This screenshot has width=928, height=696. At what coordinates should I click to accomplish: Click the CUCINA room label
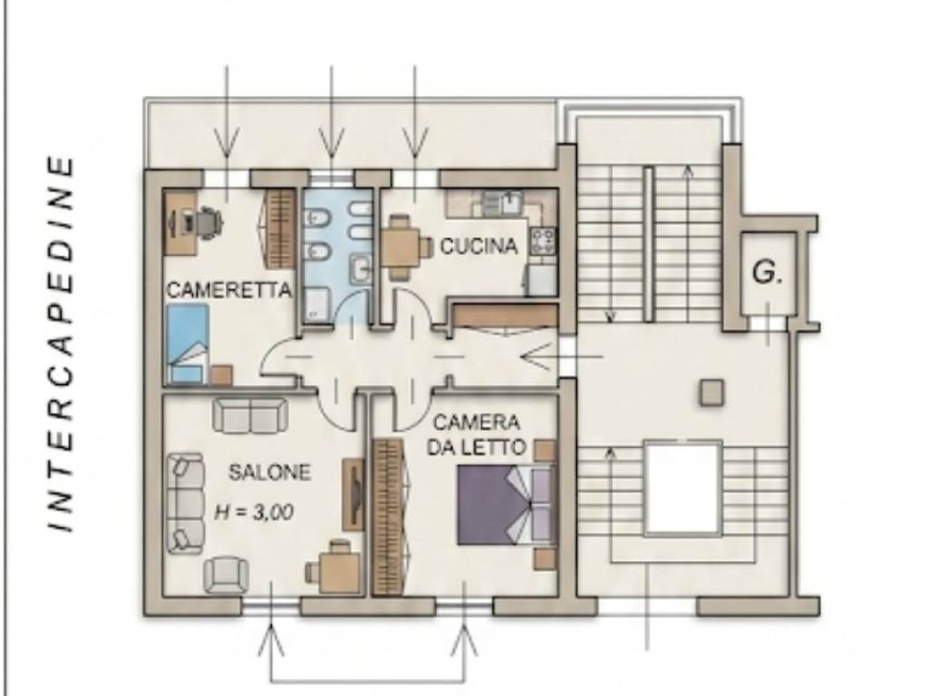pyautogui.click(x=478, y=245)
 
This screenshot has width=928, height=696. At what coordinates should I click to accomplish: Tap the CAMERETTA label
pyautogui.click(x=229, y=290)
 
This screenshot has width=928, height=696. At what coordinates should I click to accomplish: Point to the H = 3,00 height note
pyautogui.click(x=254, y=511)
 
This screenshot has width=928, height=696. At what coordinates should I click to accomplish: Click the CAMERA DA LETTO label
pyautogui.click(x=477, y=434)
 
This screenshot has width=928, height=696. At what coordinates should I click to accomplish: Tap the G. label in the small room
pyautogui.click(x=767, y=272)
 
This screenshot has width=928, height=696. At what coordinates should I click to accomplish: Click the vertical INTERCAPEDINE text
pyautogui.click(x=61, y=343)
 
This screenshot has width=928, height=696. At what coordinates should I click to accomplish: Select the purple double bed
pyautogui.click(x=506, y=504)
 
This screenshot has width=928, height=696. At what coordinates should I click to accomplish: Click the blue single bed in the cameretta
pyautogui.click(x=188, y=343)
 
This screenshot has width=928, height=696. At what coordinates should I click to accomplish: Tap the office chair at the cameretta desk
pyautogui.click(x=208, y=223)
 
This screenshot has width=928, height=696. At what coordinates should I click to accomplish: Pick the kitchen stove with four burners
pyautogui.click(x=544, y=241)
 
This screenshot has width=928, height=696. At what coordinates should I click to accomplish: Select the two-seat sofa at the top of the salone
pyautogui.click(x=250, y=415)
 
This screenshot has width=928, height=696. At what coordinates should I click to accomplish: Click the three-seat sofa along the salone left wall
pyautogui.click(x=185, y=504)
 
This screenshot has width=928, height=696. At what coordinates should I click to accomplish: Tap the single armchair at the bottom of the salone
pyautogui.click(x=226, y=574)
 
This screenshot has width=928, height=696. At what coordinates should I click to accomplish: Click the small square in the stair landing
pyautogui.click(x=711, y=392)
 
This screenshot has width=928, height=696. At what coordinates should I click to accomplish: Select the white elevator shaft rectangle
pyautogui.click(x=683, y=488)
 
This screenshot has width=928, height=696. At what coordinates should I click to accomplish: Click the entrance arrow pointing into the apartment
pyautogui.click(x=561, y=357)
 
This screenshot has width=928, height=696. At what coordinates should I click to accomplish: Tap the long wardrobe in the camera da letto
pyautogui.click(x=388, y=516)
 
